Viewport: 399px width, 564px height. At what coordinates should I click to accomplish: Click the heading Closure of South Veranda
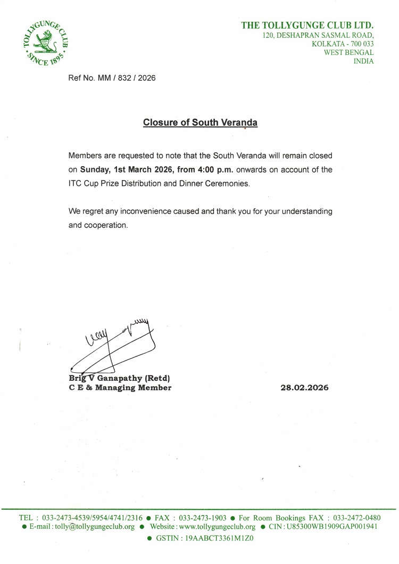tap(200, 122)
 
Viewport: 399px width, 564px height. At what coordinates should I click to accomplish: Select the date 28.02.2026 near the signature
tap(304, 388)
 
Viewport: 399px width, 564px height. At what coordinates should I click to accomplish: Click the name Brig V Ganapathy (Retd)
tap(120, 378)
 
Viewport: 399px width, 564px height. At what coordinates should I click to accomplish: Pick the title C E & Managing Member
tap(120, 388)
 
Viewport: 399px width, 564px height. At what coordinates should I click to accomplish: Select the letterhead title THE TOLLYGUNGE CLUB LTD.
tap(307, 25)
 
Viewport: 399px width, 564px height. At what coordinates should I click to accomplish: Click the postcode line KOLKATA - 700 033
tap(343, 44)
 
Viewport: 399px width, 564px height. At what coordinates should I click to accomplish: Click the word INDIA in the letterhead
tap(363, 61)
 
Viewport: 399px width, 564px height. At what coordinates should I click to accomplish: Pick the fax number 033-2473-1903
tap(202, 518)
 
